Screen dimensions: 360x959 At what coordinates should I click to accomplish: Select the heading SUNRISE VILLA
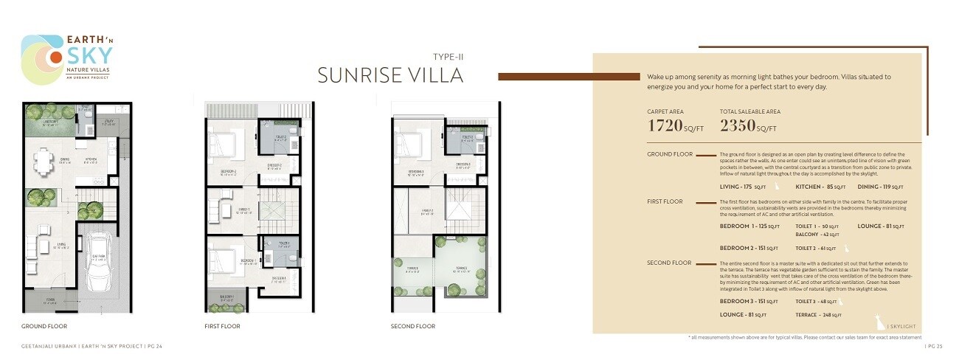coord(390,75)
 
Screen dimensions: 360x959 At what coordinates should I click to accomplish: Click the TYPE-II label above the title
coord(448,56)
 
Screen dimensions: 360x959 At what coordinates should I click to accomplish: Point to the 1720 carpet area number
coord(674,125)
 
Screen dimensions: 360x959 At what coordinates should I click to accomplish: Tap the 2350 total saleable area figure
coord(749,125)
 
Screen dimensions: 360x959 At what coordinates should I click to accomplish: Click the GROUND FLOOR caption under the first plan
coord(48,325)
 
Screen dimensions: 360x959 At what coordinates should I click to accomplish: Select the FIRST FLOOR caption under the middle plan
coord(222,325)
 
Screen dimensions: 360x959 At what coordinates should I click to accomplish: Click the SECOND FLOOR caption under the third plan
coord(413,325)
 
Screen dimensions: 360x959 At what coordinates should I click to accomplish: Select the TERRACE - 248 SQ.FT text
coord(819,315)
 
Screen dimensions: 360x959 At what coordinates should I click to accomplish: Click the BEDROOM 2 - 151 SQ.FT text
coord(749,248)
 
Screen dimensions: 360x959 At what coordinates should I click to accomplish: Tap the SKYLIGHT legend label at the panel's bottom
coord(905,326)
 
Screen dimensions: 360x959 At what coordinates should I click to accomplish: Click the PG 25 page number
coord(935,345)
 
